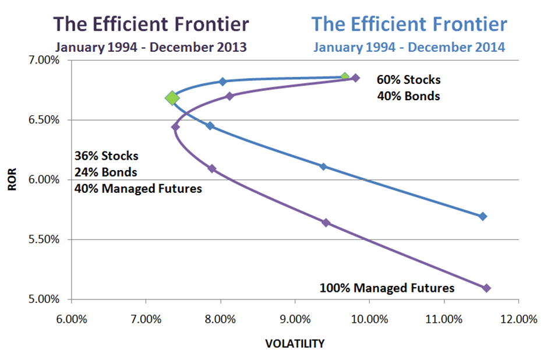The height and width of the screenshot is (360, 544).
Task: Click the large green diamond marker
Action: coord(172,98)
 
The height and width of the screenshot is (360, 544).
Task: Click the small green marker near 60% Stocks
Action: coord(345,77)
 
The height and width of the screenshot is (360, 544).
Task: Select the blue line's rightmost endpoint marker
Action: coord(482,216)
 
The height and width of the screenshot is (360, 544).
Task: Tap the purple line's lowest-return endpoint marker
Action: coord(486,288)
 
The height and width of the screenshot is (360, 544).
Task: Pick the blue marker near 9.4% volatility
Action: coord(324,167)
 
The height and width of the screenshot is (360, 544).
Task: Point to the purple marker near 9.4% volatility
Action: coord(326,223)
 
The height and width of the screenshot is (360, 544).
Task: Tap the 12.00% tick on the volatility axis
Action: coord(518,319)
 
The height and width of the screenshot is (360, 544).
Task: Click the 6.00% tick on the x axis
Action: coord(72,319)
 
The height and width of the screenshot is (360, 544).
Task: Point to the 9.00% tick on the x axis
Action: coord(295,319)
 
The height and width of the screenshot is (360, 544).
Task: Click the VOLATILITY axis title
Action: coord(294,344)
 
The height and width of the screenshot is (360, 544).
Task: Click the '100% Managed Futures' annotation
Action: coord(387,288)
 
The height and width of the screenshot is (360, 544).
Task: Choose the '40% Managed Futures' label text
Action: coord(137,188)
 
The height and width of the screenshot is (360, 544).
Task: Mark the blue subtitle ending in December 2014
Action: coord(409,47)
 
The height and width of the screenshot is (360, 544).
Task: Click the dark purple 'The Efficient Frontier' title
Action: coord(151,24)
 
